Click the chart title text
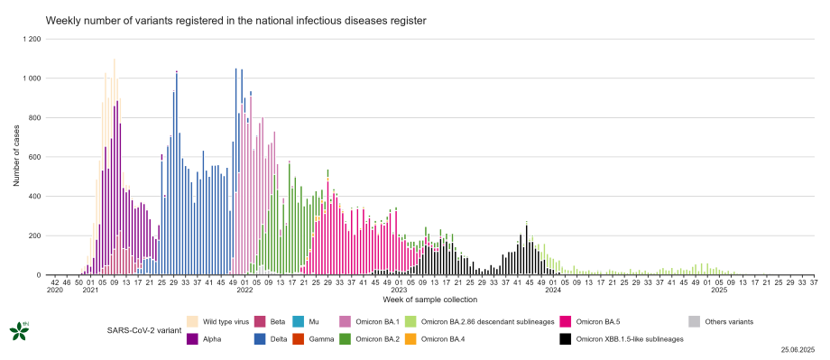point(235,20)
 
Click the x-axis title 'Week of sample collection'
point(429,300)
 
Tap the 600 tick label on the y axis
point(34,157)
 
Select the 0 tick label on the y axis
point(38,275)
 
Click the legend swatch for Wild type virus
point(192,321)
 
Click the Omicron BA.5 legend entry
point(595,321)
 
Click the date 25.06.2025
point(798,348)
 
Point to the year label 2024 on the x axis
point(552,290)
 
